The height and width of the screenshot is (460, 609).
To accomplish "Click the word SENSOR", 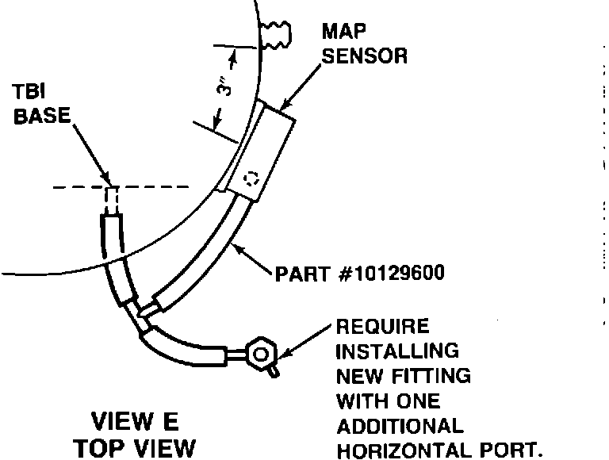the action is click(365, 57).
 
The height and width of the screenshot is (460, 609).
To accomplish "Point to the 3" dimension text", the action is click(224, 86).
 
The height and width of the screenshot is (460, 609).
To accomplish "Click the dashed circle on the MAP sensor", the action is click(252, 180).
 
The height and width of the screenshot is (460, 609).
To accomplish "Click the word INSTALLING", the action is click(397, 350).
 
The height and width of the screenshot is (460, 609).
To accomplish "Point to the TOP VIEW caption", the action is click(134, 447).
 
